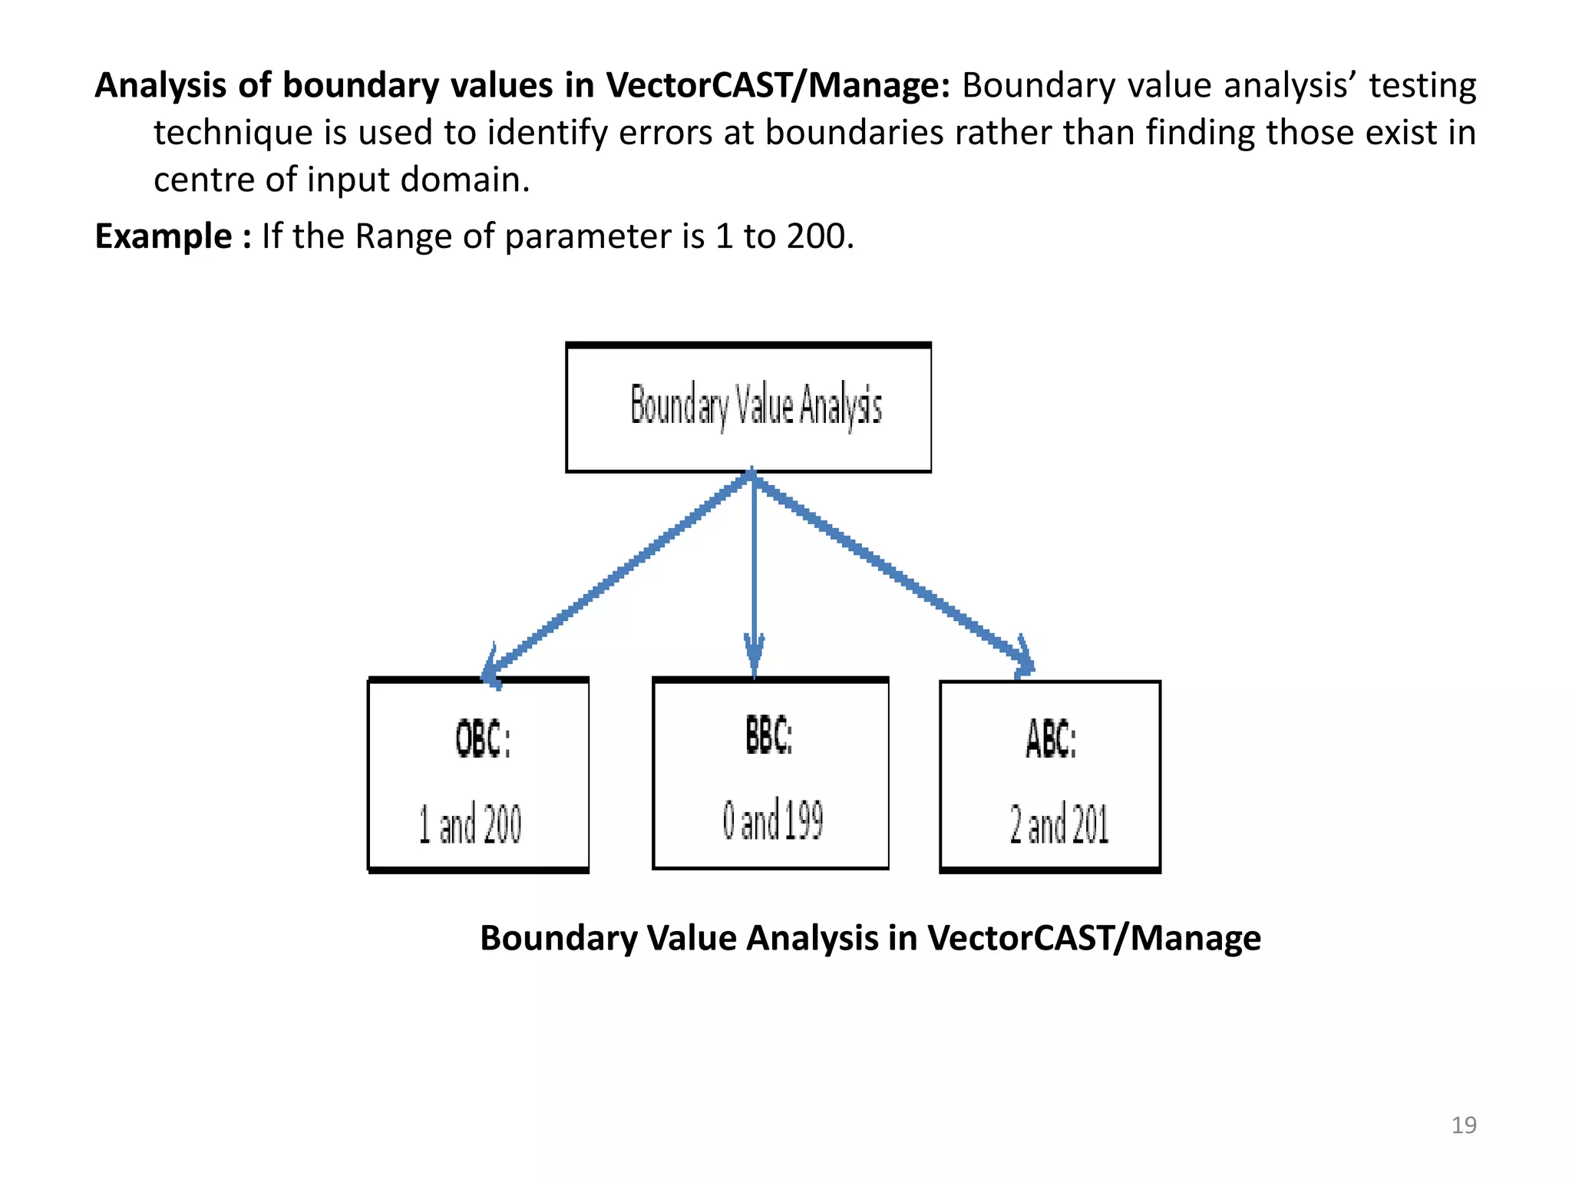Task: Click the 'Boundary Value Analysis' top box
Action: pyautogui.click(x=748, y=407)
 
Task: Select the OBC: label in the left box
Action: pyautogui.click(x=483, y=739)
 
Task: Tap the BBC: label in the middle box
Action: pyautogui.click(x=769, y=735)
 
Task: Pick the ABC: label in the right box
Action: pyautogui.click(x=1051, y=739)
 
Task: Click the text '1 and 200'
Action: pyautogui.click(x=470, y=824)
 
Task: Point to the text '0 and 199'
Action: pyautogui.click(x=772, y=820)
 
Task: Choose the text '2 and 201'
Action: pyautogui.click(x=1059, y=824)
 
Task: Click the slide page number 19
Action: pyautogui.click(x=1464, y=1125)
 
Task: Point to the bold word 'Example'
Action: pyautogui.click(x=163, y=236)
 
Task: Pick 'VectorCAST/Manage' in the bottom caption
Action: pyautogui.click(x=1093, y=938)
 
